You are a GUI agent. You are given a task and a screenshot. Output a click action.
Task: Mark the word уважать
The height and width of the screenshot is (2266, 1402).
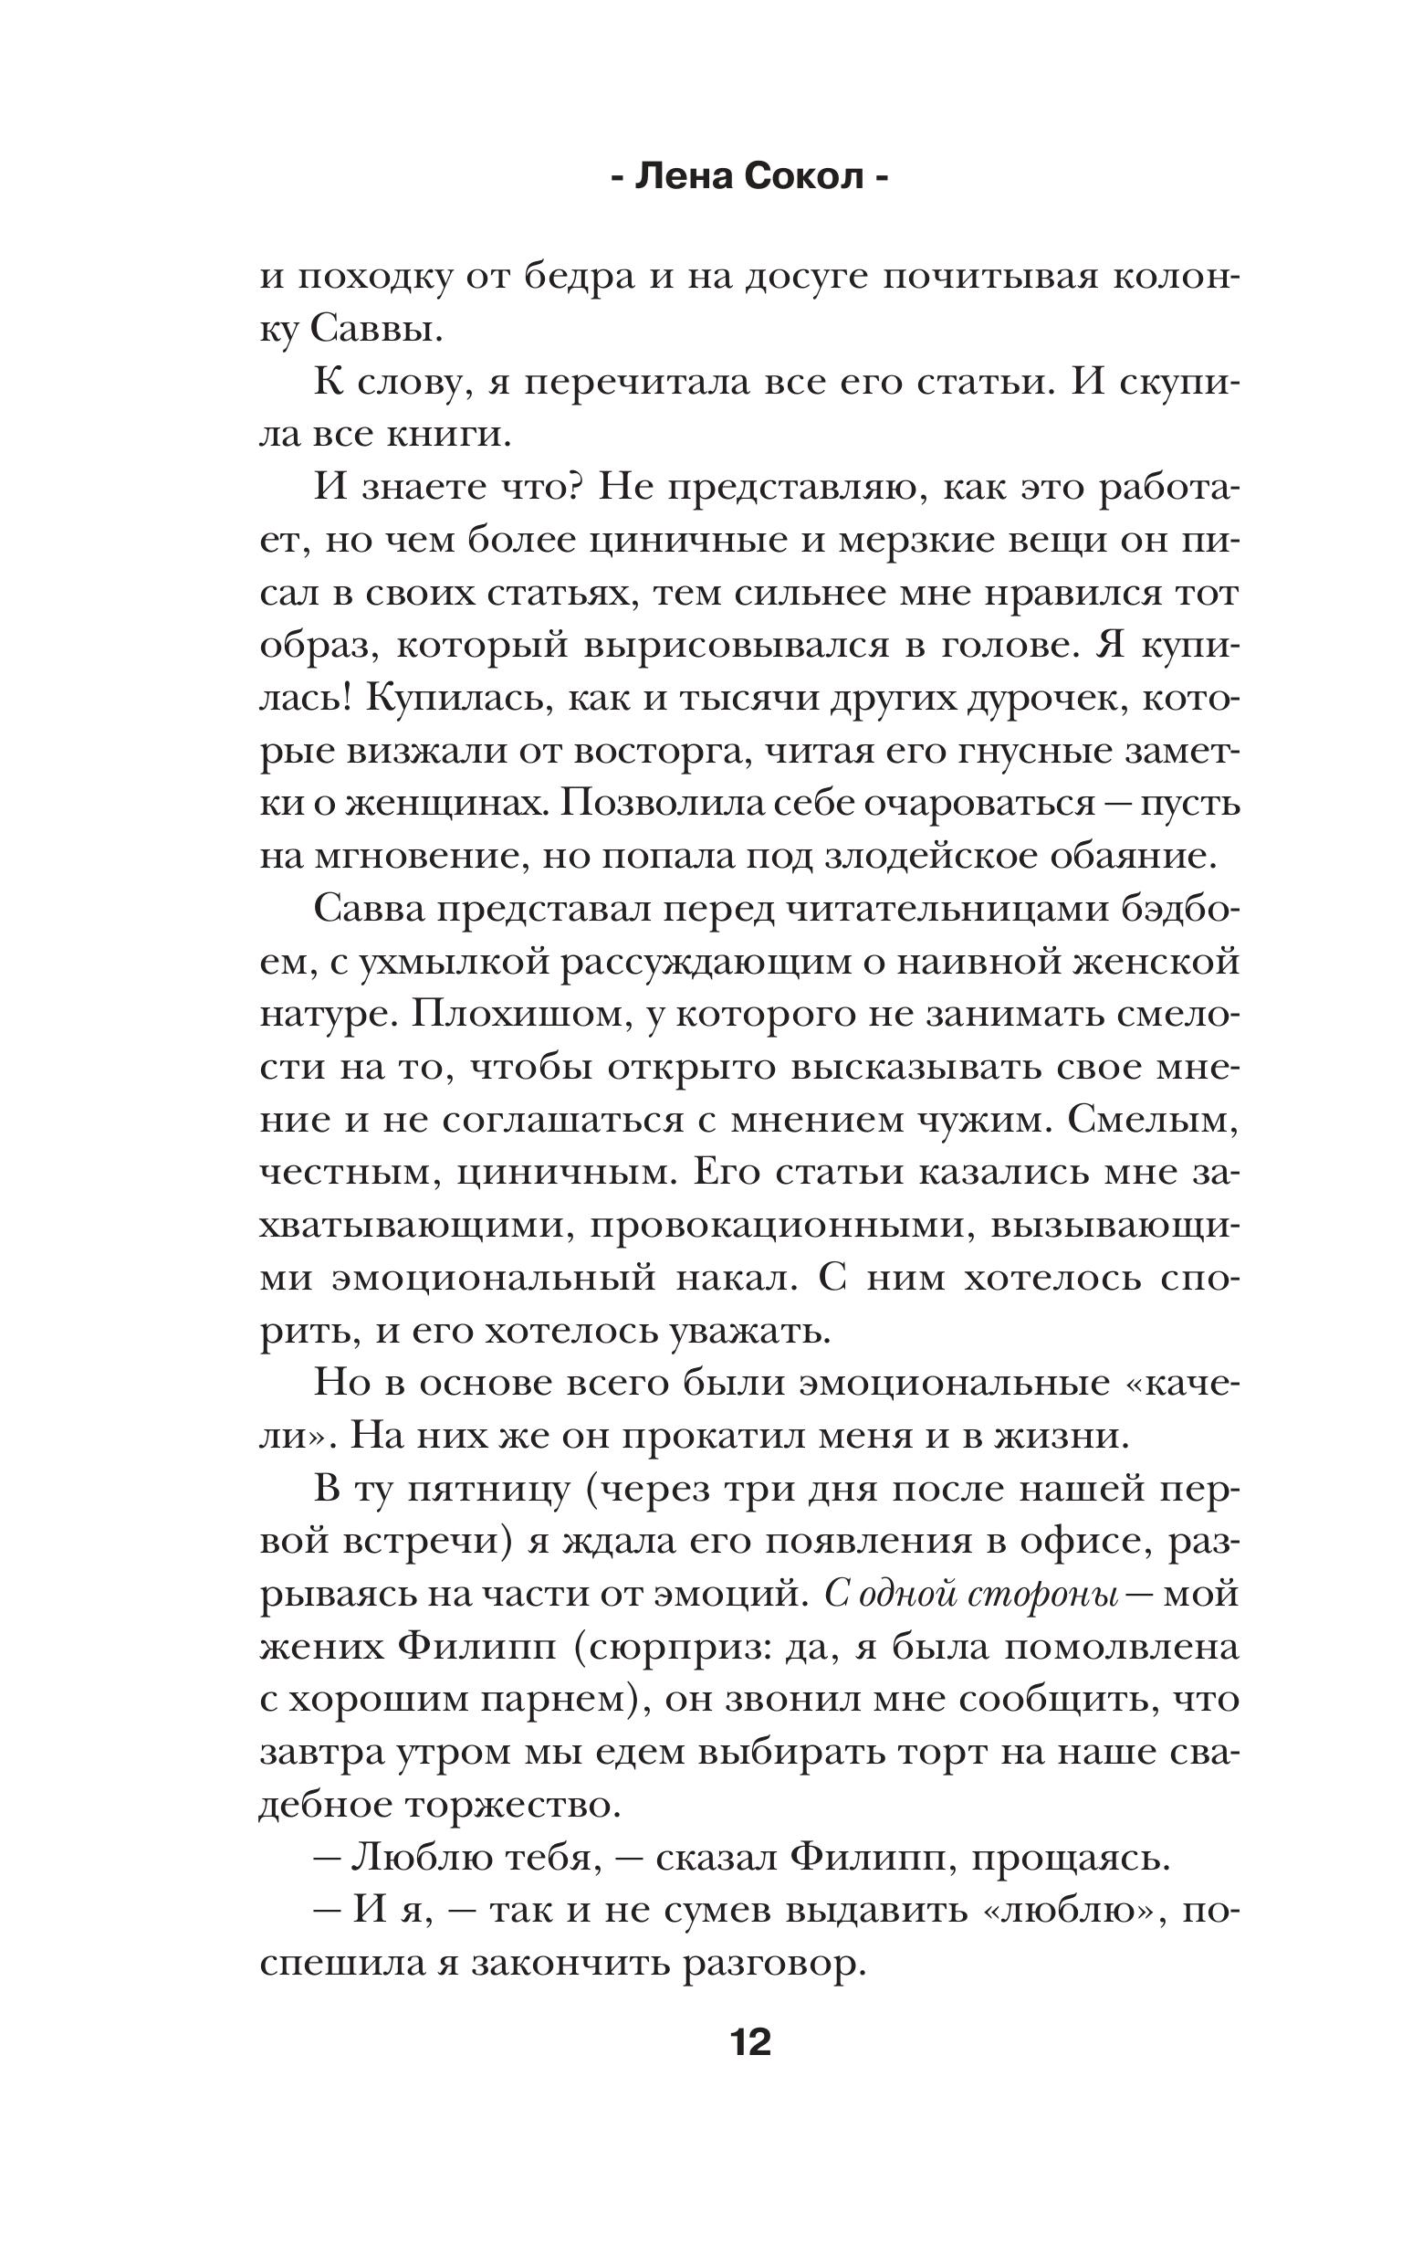click(748, 1330)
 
